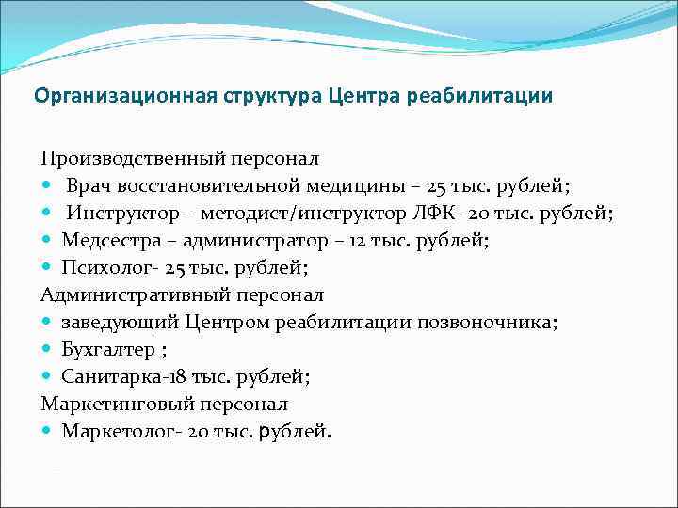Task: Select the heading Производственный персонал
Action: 180,159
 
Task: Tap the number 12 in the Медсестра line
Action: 359,241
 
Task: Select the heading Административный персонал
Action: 182,295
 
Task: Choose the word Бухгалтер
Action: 104,350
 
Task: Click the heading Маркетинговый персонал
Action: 165,405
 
